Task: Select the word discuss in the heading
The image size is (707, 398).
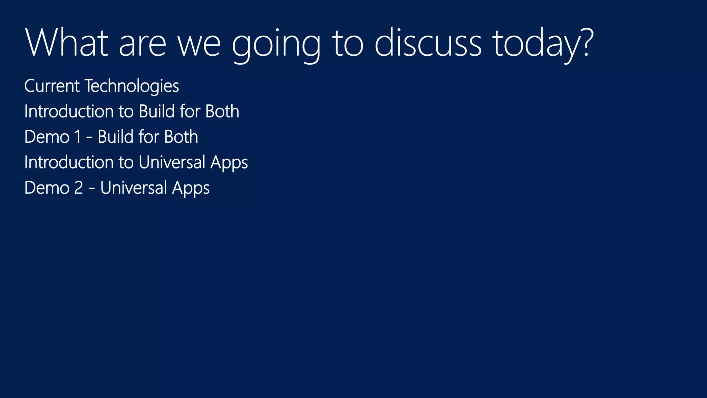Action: pos(428,43)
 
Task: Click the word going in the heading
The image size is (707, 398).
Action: pos(276,45)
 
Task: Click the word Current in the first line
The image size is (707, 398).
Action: pos(52,86)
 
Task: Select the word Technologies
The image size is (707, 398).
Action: pos(132,86)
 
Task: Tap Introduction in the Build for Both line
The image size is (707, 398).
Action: pos(69,112)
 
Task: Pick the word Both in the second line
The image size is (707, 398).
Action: pos(222,112)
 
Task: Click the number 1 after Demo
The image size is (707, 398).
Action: pos(77,137)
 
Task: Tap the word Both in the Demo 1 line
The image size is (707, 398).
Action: pos(181,137)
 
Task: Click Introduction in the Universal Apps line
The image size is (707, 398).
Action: pos(69,162)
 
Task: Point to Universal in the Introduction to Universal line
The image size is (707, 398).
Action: pos(172,162)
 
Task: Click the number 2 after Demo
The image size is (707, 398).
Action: pos(78,188)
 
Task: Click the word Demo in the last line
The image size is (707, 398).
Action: pos(47,188)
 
